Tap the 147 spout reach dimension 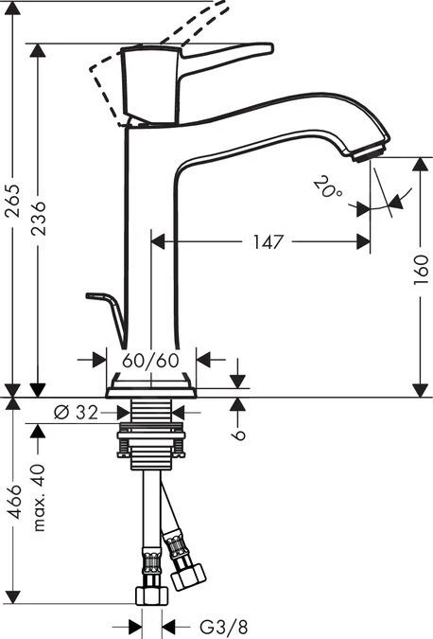pyautogui.click(x=268, y=242)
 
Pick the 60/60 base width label pyautogui.click(x=150, y=360)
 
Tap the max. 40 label pyautogui.click(x=39, y=498)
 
